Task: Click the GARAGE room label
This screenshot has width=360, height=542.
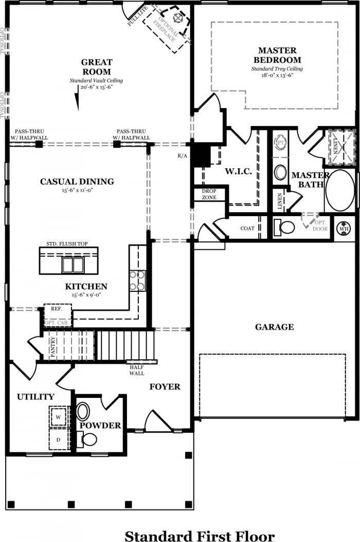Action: pyautogui.click(x=274, y=327)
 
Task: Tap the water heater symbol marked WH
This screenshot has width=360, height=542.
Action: pyautogui.click(x=344, y=229)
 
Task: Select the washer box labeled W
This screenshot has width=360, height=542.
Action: pyautogui.click(x=59, y=417)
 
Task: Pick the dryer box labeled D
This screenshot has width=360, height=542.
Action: pyautogui.click(x=59, y=440)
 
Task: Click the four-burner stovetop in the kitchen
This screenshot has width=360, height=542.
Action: pyautogui.click(x=137, y=281)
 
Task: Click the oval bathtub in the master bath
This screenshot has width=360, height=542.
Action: pyautogui.click(x=340, y=190)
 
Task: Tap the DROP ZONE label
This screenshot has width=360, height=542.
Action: pyautogui.click(x=209, y=194)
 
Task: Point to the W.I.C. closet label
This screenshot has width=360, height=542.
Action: pyautogui.click(x=239, y=171)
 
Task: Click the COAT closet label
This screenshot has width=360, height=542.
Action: pyautogui.click(x=247, y=229)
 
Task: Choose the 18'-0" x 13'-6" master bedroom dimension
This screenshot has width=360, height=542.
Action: pyautogui.click(x=277, y=75)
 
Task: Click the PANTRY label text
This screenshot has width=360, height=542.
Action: pyautogui.click(x=53, y=347)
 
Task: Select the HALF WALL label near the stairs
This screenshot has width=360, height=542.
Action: pyautogui.click(x=137, y=370)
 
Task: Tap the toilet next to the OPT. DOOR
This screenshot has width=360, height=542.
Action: pyautogui.click(x=284, y=227)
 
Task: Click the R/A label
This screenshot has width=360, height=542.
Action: pyautogui.click(x=183, y=156)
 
